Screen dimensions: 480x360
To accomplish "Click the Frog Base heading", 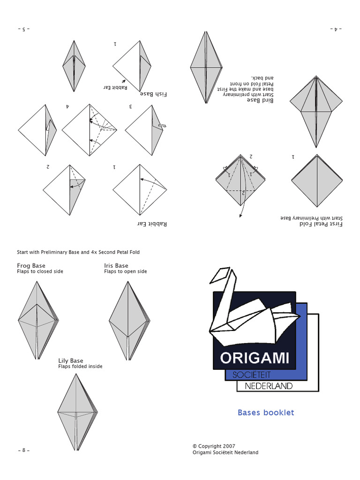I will click(31, 266).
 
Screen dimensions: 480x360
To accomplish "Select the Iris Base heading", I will click(116, 266).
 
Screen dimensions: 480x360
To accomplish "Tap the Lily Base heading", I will click(70, 360).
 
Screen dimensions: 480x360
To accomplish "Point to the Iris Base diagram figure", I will click(129, 321).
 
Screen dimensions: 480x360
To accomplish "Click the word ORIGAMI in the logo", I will click(255, 358).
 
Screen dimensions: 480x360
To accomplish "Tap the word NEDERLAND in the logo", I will click(269, 386).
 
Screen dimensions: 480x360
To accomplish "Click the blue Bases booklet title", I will click(266, 412).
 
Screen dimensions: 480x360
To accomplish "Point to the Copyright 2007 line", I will click(214, 446).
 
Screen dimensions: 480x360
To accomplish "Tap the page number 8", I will click(23, 450).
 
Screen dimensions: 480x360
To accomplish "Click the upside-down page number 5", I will click(23, 29).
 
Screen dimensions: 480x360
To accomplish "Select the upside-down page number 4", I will click(336, 29).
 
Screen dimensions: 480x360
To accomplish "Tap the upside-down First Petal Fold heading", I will click(321, 224).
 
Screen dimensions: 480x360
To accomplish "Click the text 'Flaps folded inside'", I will click(80, 367).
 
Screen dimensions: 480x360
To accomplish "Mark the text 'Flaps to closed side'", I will click(40, 271).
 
